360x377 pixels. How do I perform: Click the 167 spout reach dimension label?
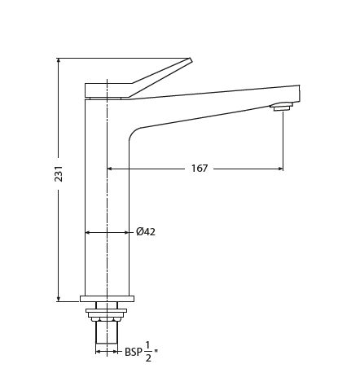pyautogui.click(x=200, y=169)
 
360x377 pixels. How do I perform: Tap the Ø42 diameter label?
pyautogui.click(x=146, y=232)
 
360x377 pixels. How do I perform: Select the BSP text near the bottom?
pyautogui.click(x=133, y=352)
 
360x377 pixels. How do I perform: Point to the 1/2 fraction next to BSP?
pyautogui.click(x=148, y=351)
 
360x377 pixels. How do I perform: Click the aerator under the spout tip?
pyautogui.click(x=281, y=106)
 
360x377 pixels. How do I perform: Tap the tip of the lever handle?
pyautogui.click(x=191, y=59)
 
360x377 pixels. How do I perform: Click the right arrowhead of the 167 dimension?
pyautogui.click(x=280, y=169)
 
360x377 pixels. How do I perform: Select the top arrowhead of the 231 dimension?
pyautogui.click(x=59, y=61)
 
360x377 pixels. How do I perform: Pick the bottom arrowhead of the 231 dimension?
pyautogui.click(x=59, y=298)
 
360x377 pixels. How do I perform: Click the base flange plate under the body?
pyautogui.click(x=107, y=299)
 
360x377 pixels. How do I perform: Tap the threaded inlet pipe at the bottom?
pyautogui.click(x=107, y=331)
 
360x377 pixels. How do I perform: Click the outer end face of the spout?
pyautogui.click(x=299, y=93)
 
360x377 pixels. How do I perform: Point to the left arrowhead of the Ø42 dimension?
pyautogui.click(x=88, y=232)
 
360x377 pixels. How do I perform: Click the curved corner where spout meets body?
pyautogui.click(x=133, y=134)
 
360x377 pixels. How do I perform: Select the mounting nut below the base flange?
pyautogui.click(x=107, y=311)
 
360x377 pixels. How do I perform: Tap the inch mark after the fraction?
pyautogui.click(x=156, y=352)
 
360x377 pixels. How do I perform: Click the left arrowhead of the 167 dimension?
pyautogui.click(x=110, y=169)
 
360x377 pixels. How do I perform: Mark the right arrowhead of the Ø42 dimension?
pyautogui.click(x=126, y=232)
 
